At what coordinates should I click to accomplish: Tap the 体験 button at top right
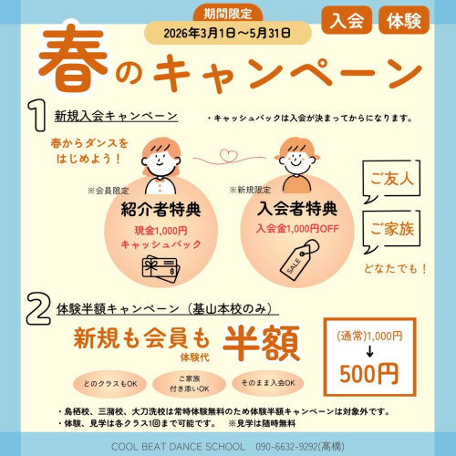[402, 20]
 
